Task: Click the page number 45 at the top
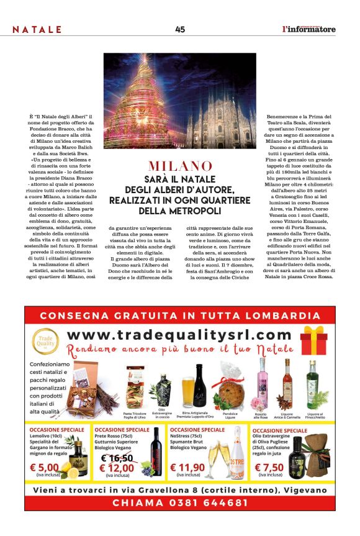pyautogui.click(x=180, y=29)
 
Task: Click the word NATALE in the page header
pyautogui.click(x=37, y=29)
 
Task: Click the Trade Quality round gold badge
pyautogui.click(x=45, y=340)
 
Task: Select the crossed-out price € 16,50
pyautogui.click(x=117, y=458)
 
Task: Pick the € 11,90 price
pyautogui.click(x=187, y=468)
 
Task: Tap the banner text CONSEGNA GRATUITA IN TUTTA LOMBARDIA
pyautogui.click(x=180, y=316)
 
